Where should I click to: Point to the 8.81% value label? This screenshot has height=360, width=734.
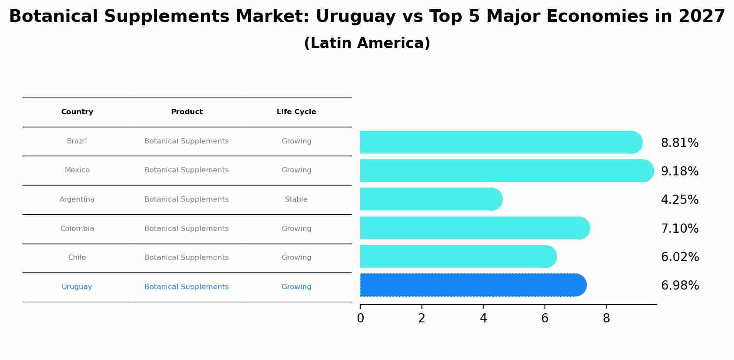tap(679, 143)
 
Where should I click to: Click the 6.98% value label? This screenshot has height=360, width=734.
tap(679, 286)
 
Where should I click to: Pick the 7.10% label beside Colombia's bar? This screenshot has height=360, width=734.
tap(679, 229)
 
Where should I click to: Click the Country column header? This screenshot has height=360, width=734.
tap(77, 112)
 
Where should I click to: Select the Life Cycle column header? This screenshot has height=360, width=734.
tap(296, 112)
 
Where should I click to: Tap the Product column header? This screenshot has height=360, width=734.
tap(186, 112)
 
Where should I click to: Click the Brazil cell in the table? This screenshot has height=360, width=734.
tap(77, 141)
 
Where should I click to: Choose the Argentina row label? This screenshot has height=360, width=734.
tap(77, 199)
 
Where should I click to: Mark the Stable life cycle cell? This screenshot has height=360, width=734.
tap(296, 199)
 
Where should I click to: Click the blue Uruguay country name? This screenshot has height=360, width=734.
tap(77, 287)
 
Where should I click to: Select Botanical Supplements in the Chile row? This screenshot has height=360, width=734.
tap(186, 258)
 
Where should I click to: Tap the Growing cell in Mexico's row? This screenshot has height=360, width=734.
tap(296, 170)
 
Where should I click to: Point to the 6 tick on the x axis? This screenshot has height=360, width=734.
tap(544, 318)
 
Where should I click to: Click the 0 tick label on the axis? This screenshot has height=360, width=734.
tap(360, 318)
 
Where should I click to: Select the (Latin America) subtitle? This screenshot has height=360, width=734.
tap(367, 43)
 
